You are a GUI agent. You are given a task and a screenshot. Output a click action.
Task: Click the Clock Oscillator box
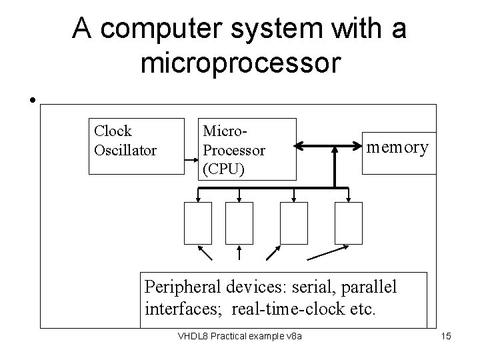click(136, 145)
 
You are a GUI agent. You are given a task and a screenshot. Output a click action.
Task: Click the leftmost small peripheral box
click(198, 223)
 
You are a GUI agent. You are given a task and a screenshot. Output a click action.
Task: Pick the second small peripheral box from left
click(239, 223)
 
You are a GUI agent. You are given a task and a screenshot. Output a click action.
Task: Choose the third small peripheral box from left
click(294, 223)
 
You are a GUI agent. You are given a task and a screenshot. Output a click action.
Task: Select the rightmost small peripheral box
click(349, 223)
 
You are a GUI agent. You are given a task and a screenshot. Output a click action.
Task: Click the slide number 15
click(446, 335)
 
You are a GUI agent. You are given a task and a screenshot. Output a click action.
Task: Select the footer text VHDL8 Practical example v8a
click(240, 335)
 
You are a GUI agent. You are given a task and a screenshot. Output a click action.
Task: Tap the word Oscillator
click(125, 151)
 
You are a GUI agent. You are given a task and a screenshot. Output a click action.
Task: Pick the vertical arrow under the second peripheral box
click(239, 252)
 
